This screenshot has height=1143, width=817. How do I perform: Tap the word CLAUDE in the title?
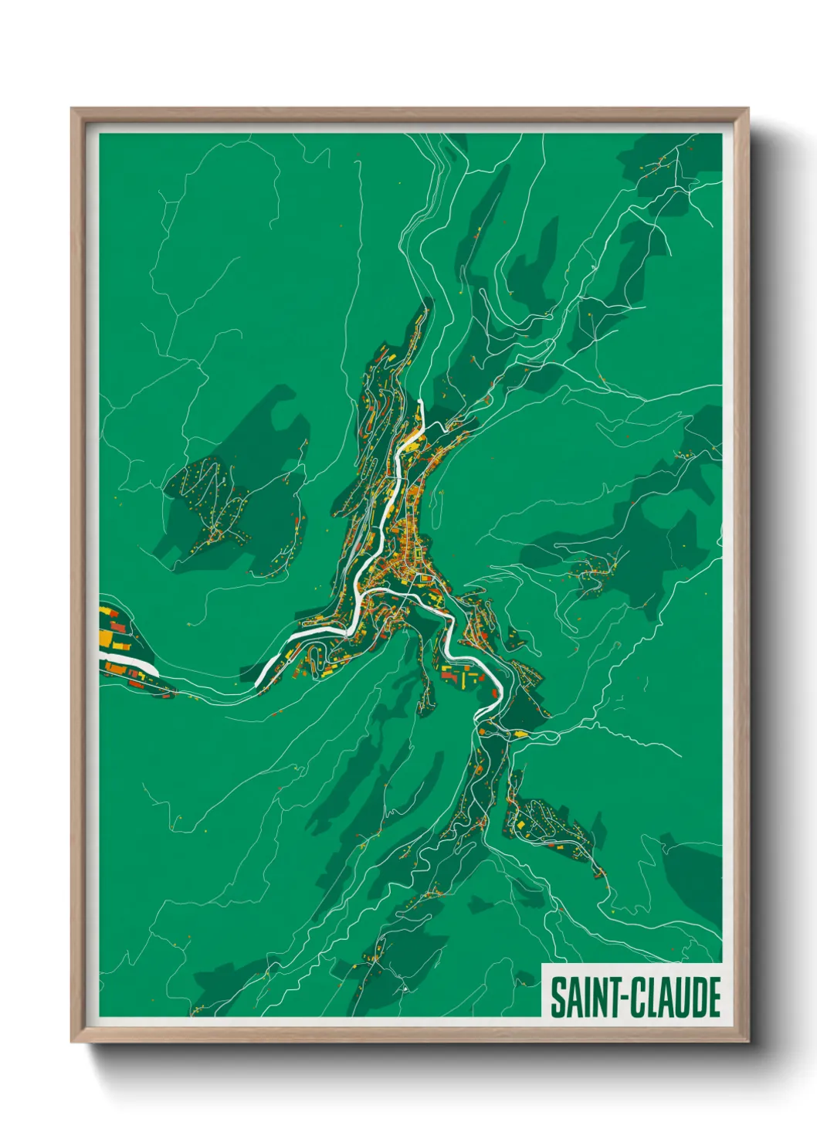point(676,997)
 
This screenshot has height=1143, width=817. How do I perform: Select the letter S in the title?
point(557,997)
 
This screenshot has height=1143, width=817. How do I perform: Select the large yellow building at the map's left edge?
point(105,638)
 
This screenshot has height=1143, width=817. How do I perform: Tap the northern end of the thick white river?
point(420,402)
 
